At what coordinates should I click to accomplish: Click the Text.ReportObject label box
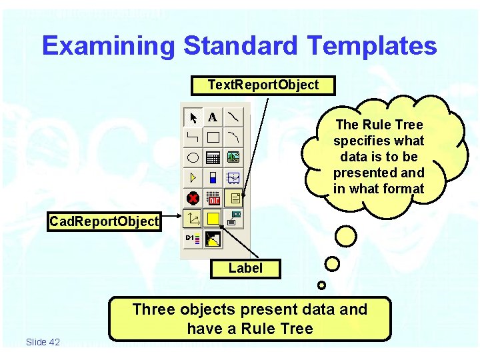(263, 85)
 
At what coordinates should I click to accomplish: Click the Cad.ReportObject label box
(105, 221)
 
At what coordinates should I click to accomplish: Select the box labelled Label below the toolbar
(245, 269)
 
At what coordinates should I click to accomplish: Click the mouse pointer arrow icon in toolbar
(193, 118)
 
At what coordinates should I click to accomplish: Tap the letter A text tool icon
(213, 118)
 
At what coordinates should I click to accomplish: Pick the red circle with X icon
(193, 198)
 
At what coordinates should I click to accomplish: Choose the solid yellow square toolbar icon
(213, 218)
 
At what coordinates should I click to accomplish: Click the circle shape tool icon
(193, 158)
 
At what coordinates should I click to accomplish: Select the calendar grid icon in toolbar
(213, 158)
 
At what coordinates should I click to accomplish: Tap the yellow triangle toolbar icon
(193, 178)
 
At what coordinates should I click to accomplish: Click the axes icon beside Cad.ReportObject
(193, 218)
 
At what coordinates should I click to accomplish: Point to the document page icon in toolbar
(234, 198)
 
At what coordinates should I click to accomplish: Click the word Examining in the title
(109, 46)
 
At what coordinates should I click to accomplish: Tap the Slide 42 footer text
(43, 342)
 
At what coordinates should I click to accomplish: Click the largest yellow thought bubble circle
(345, 236)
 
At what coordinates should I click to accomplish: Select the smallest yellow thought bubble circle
(321, 285)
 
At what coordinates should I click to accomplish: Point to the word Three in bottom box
(154, 309)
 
